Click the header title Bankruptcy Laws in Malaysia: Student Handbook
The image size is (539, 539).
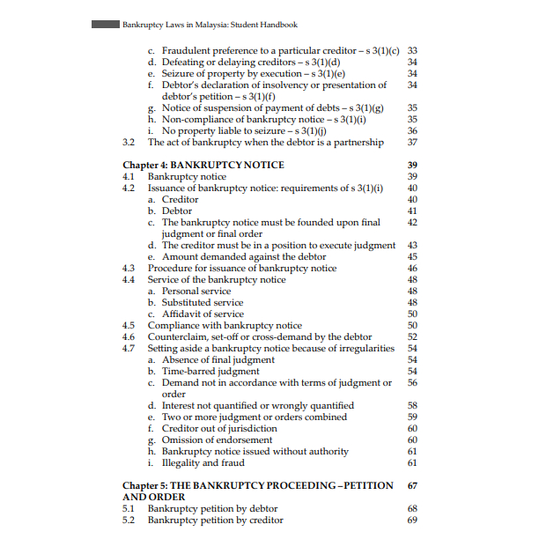click(x=210, y=25)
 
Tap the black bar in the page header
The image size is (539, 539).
click(x=105, y=25)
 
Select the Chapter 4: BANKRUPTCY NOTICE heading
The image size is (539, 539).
click(x=203, y=165)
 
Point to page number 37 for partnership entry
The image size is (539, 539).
click(x=412, y=142)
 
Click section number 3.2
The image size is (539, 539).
click(x=128, y=142)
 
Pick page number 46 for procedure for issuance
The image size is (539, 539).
click(x=412, y=268)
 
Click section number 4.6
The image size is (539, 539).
click(x=128, y=336)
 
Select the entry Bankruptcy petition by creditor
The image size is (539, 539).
click(x=215, y=520)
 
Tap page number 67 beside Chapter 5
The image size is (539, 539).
click(x=412, y=485)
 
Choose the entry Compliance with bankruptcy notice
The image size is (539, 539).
click(x=225, y=325)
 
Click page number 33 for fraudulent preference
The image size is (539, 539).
click(x=412, y=50)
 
